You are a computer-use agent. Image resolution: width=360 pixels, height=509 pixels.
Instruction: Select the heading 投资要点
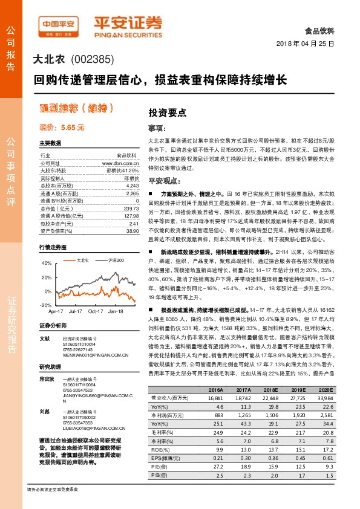click(x=168, y=112)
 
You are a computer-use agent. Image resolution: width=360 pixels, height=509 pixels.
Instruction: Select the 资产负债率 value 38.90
click(x=133, y=231)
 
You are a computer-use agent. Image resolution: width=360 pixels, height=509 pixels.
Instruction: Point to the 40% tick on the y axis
click(x=47, y=264)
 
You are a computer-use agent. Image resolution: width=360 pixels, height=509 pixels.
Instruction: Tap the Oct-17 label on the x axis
click(x=95, y=311)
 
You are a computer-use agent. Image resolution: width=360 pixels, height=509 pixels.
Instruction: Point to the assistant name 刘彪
click(x=44, y=411)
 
